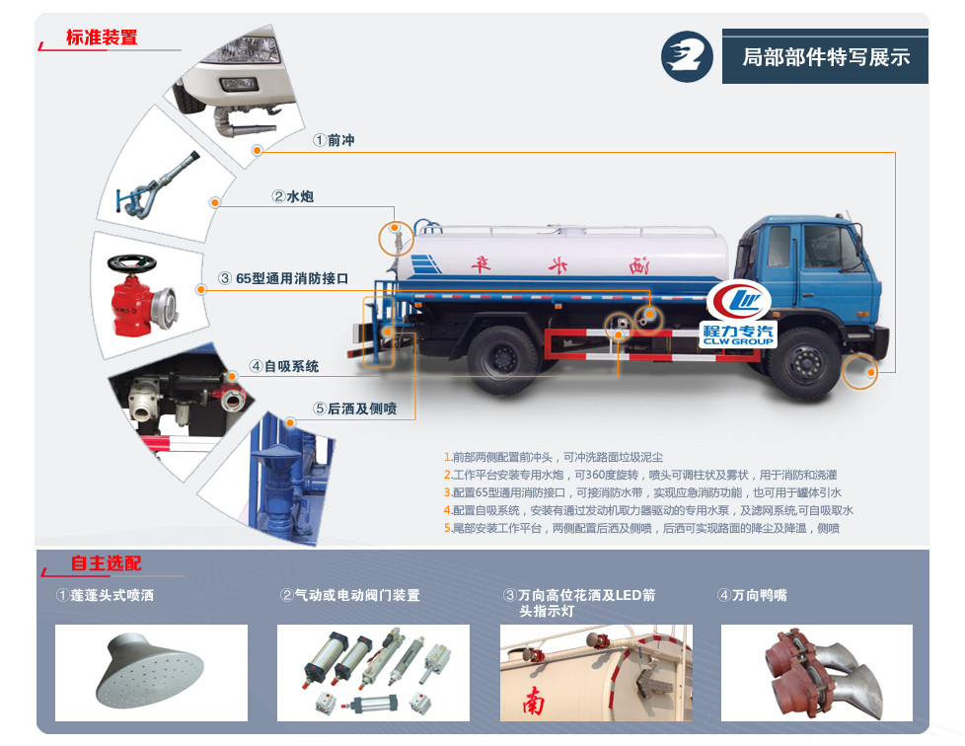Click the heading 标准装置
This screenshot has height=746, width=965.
[x=102, y=37]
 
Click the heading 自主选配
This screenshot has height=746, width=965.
[x=106, y=563]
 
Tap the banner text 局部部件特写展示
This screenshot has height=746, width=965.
[x=826, y=57]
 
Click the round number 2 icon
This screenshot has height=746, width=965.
[x=687, y=55]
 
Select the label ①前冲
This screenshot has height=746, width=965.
[x=334, y=141]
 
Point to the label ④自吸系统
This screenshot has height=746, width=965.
[x=284, y=366]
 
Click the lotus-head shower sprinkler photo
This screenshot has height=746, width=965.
[x=151, y=672]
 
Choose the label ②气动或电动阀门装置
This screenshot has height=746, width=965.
[x=350, y=595]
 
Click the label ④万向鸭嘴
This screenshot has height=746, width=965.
[x=752, y=595]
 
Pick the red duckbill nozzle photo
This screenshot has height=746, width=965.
[x=815, y=672]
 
